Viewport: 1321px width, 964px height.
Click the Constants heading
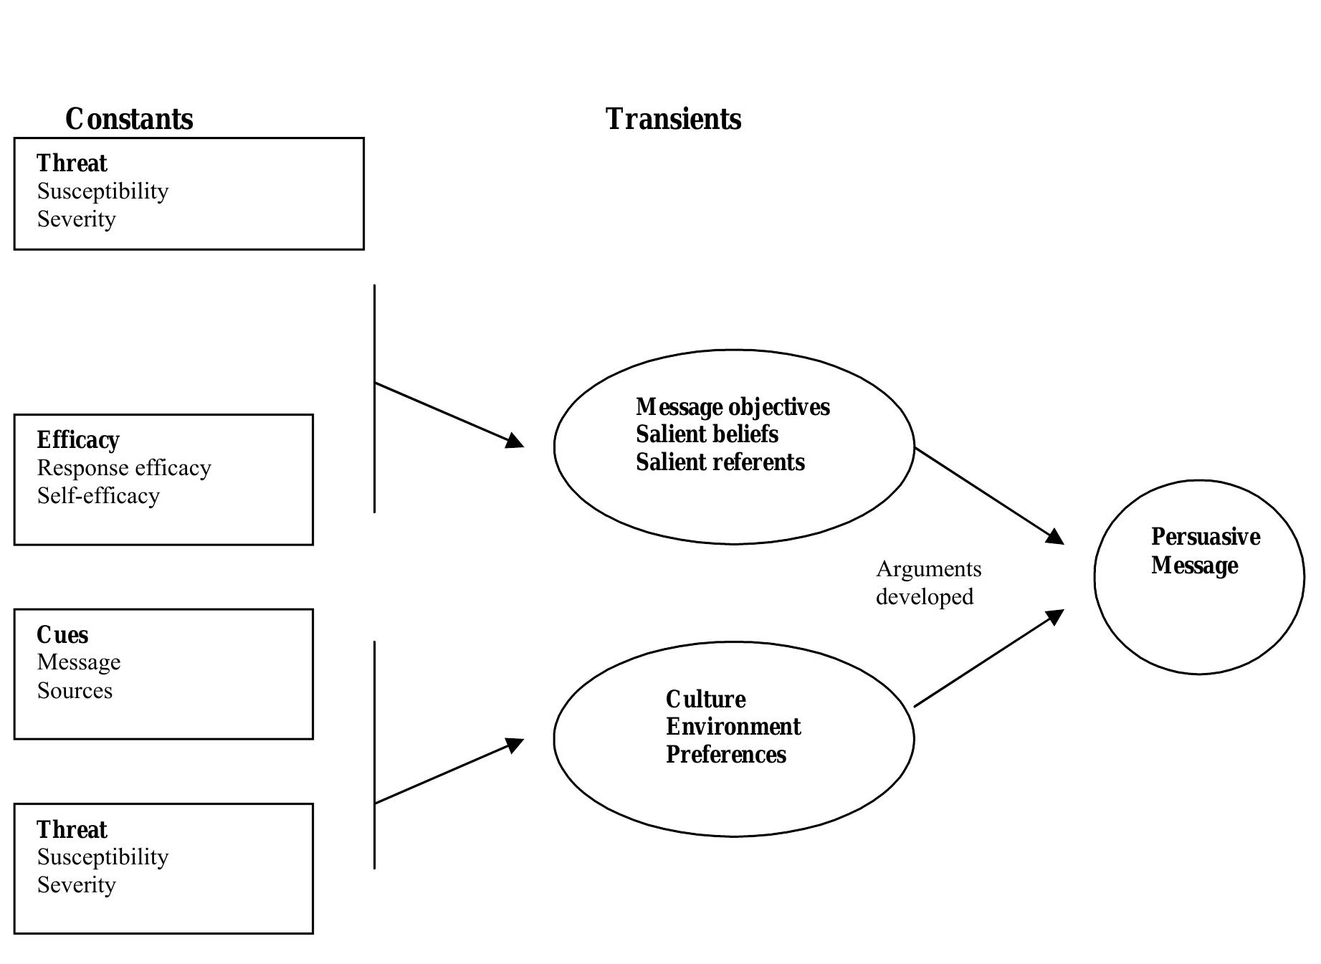pyautogui.click(x=129, y=119)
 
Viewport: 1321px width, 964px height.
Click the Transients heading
pyautogui.click(x=673, y=119)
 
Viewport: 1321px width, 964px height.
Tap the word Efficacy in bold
pyautogui.click(x=78, y=439)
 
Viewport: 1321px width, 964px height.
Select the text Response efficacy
pyautogui.click(x=124, y=468)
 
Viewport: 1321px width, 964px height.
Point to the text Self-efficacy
pyautogui.click(x=98, y=496)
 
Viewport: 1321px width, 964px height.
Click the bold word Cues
pyautogui.click(x=62, y=635)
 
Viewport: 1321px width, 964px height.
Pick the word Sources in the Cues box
pyautogui.click(x=75, y=691)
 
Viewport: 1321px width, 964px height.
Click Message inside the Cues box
pyautogui.click(x=79, y=662)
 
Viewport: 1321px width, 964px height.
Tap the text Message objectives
pyautogui.click(x=733, y=407)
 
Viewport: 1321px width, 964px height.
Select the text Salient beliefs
pyautogui.click(x=707, y=434)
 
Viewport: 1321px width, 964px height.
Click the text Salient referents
pyautogui.click(x=720, y=462)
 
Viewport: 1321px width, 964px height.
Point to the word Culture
pyautogui.click(x=705, y=700)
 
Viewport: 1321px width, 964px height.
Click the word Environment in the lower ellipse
pyautogui.click(x=733, y=727)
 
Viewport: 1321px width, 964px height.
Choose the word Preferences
pyautogui.click(x=725, y=755)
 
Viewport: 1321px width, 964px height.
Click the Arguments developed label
pyautogui.click(x=927, y=583)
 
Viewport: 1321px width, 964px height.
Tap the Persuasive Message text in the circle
pyautogui.click(x=1205, y=551)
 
